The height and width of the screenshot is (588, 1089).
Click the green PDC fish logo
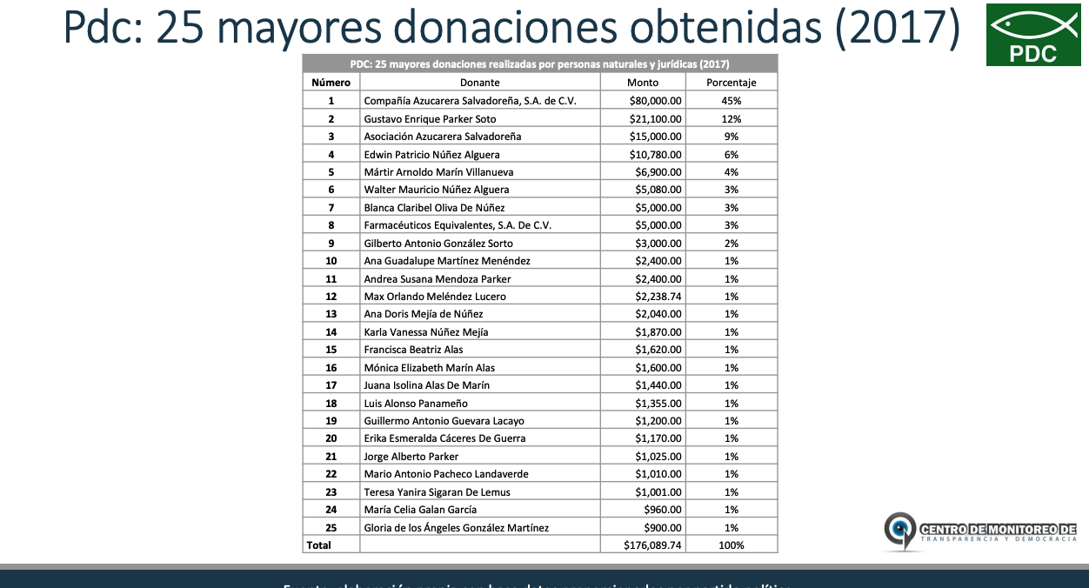pyautogui.click(x=1032, y=35)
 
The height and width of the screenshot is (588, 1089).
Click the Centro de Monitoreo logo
pyautogui.click(x=980, y=531)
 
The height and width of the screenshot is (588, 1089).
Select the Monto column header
pyautogui.click(x=643, y=83)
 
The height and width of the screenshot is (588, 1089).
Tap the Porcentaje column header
pyautogui.click(x=731, y=83)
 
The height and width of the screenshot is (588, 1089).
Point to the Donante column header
pyautogui.click(x=479, y=83)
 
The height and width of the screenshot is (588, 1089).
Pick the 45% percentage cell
pyautogui.click(x=731, y=101)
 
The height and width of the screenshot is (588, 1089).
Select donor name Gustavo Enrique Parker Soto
pyautogui.click(x=430, y=118)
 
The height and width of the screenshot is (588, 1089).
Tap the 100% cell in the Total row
pyautogui.click(x=731, y=545)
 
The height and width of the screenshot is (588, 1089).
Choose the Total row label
pyautogui.click(x=318, y=545)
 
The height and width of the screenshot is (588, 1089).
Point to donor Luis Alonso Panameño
pyautogui.click(x=416, y=404)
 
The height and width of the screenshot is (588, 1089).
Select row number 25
pyautogui.click(x=331, y=528)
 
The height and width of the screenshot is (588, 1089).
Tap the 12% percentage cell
pyautogui.click(x=731, y=118)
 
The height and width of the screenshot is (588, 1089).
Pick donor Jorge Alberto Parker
pyautogui.click(x=411, y=457)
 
